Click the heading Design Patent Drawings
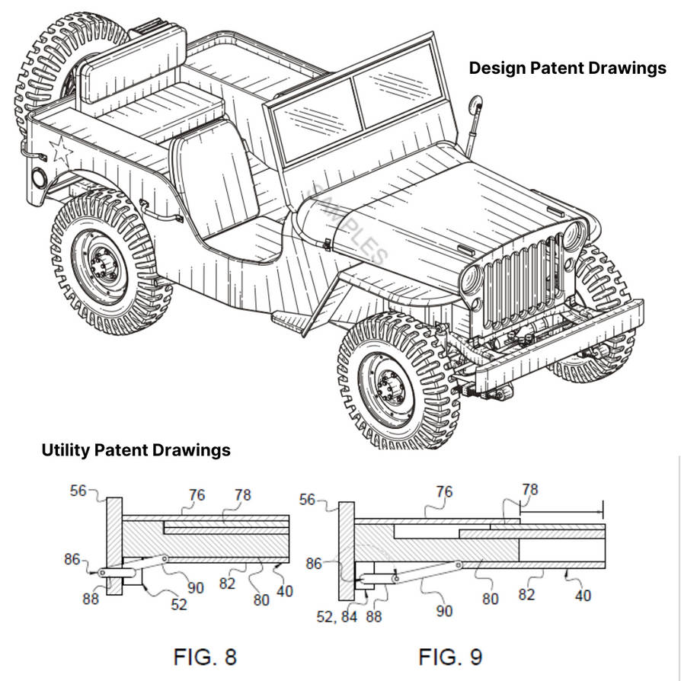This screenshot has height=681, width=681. click(x=567, y=69)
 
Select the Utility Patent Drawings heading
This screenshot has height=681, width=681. click(x=136, y=450)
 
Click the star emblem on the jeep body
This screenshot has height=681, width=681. click(x=60, y=151)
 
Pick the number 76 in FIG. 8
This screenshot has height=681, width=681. click(x=197, y=496)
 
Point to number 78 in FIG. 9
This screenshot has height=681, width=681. click(x=529, y=489)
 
